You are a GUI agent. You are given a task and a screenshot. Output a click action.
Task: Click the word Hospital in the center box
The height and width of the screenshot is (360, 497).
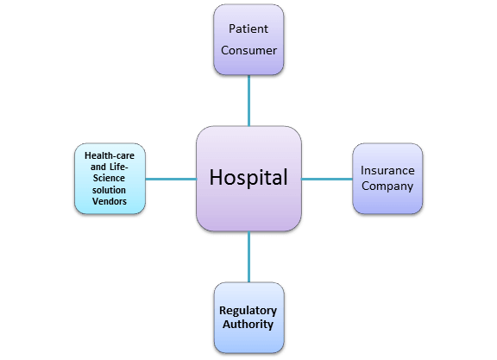[248, 177]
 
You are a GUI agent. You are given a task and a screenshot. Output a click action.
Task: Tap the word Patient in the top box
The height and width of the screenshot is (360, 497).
[248, 28]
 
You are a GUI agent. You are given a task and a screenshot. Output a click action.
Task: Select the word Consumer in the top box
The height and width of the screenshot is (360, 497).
[248, 50]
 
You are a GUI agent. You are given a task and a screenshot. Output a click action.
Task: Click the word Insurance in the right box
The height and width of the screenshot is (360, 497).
[387, 170]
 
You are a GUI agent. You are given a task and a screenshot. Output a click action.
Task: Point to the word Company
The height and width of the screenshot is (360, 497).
[387, 186]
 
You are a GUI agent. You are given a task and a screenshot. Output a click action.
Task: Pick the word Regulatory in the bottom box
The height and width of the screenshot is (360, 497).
[248, 311]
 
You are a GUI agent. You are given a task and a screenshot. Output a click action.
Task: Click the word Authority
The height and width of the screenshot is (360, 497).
[248, 325]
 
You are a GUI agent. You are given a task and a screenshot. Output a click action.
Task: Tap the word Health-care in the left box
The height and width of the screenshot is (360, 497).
[110, 155]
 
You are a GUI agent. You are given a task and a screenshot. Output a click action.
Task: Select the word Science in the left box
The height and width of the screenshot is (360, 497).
[109, 178]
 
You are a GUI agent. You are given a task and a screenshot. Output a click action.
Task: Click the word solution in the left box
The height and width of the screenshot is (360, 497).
[109, 190]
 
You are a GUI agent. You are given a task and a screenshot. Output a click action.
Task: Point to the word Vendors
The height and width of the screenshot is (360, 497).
[110, 201]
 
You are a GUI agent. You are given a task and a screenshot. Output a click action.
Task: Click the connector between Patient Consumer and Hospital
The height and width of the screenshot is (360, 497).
[248, 100]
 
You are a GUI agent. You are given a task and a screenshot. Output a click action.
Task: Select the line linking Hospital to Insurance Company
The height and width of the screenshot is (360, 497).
[327, 179]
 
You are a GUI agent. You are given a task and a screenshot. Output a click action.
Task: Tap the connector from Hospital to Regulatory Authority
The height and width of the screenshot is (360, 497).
[248, 256]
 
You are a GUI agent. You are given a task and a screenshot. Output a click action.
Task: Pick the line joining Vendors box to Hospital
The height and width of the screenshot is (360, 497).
[171, 179]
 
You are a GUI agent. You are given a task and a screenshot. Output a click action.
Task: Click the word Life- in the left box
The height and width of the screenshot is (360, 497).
[119, 167]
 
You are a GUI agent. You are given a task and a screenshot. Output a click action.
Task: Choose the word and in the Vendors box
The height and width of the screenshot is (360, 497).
[98, 167]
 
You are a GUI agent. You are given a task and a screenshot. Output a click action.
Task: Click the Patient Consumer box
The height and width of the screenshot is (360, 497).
[248, 40]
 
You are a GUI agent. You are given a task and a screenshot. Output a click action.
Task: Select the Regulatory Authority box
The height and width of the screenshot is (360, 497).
[248, 318]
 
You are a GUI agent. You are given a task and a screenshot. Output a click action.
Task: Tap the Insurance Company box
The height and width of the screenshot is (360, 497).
[387, 179]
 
